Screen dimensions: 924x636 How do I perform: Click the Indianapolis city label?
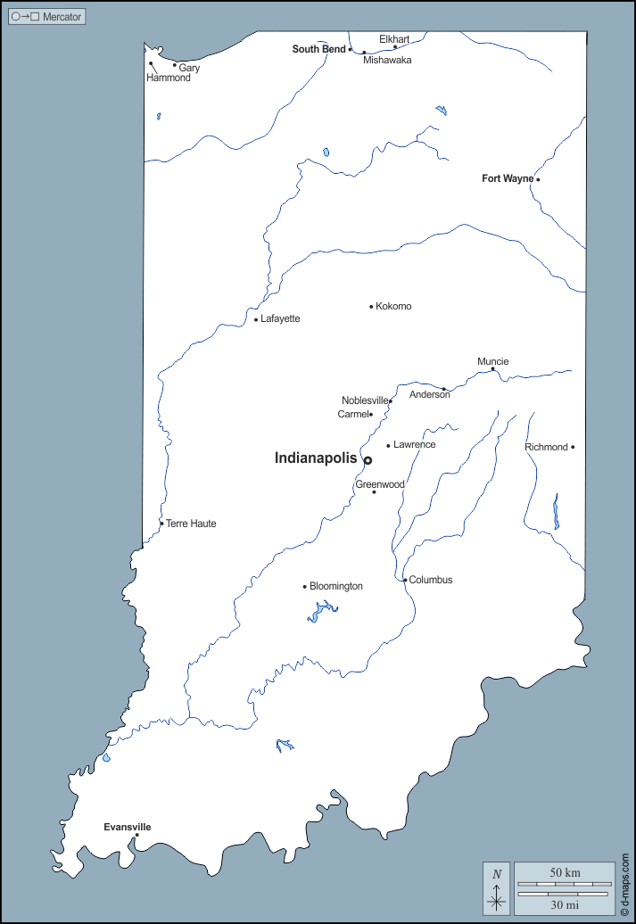click(315, 458)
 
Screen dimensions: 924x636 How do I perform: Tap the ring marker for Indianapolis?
click(368, 460)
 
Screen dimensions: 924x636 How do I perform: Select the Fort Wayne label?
click(507, 178)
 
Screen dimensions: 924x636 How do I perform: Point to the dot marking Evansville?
click(136, 836)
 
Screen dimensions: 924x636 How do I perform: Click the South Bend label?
click(318, 49)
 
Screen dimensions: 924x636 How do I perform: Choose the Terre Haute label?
click(191, 524)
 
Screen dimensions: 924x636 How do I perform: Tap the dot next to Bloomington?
click(305, 587)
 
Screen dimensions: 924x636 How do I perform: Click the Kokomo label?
click(393, 307)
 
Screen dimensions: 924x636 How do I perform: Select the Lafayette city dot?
click(256, 319)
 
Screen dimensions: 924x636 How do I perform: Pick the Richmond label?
click(546, 447)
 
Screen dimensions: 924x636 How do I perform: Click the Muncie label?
click(492, 361)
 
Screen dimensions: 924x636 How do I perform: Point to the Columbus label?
click(431, 580)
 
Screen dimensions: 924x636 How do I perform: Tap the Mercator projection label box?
click(46, 17)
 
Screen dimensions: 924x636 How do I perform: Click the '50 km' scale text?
click(565, 871)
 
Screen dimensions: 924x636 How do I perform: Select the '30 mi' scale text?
click(565, 905)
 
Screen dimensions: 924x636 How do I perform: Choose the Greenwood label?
click(380, 484)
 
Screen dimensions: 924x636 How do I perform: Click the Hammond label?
click(169, 78)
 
